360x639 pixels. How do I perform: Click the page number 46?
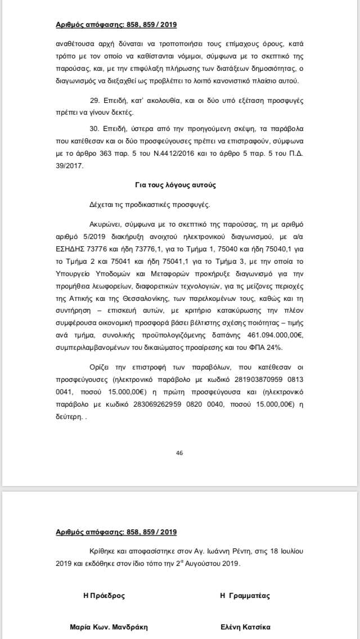click(179, 453)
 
